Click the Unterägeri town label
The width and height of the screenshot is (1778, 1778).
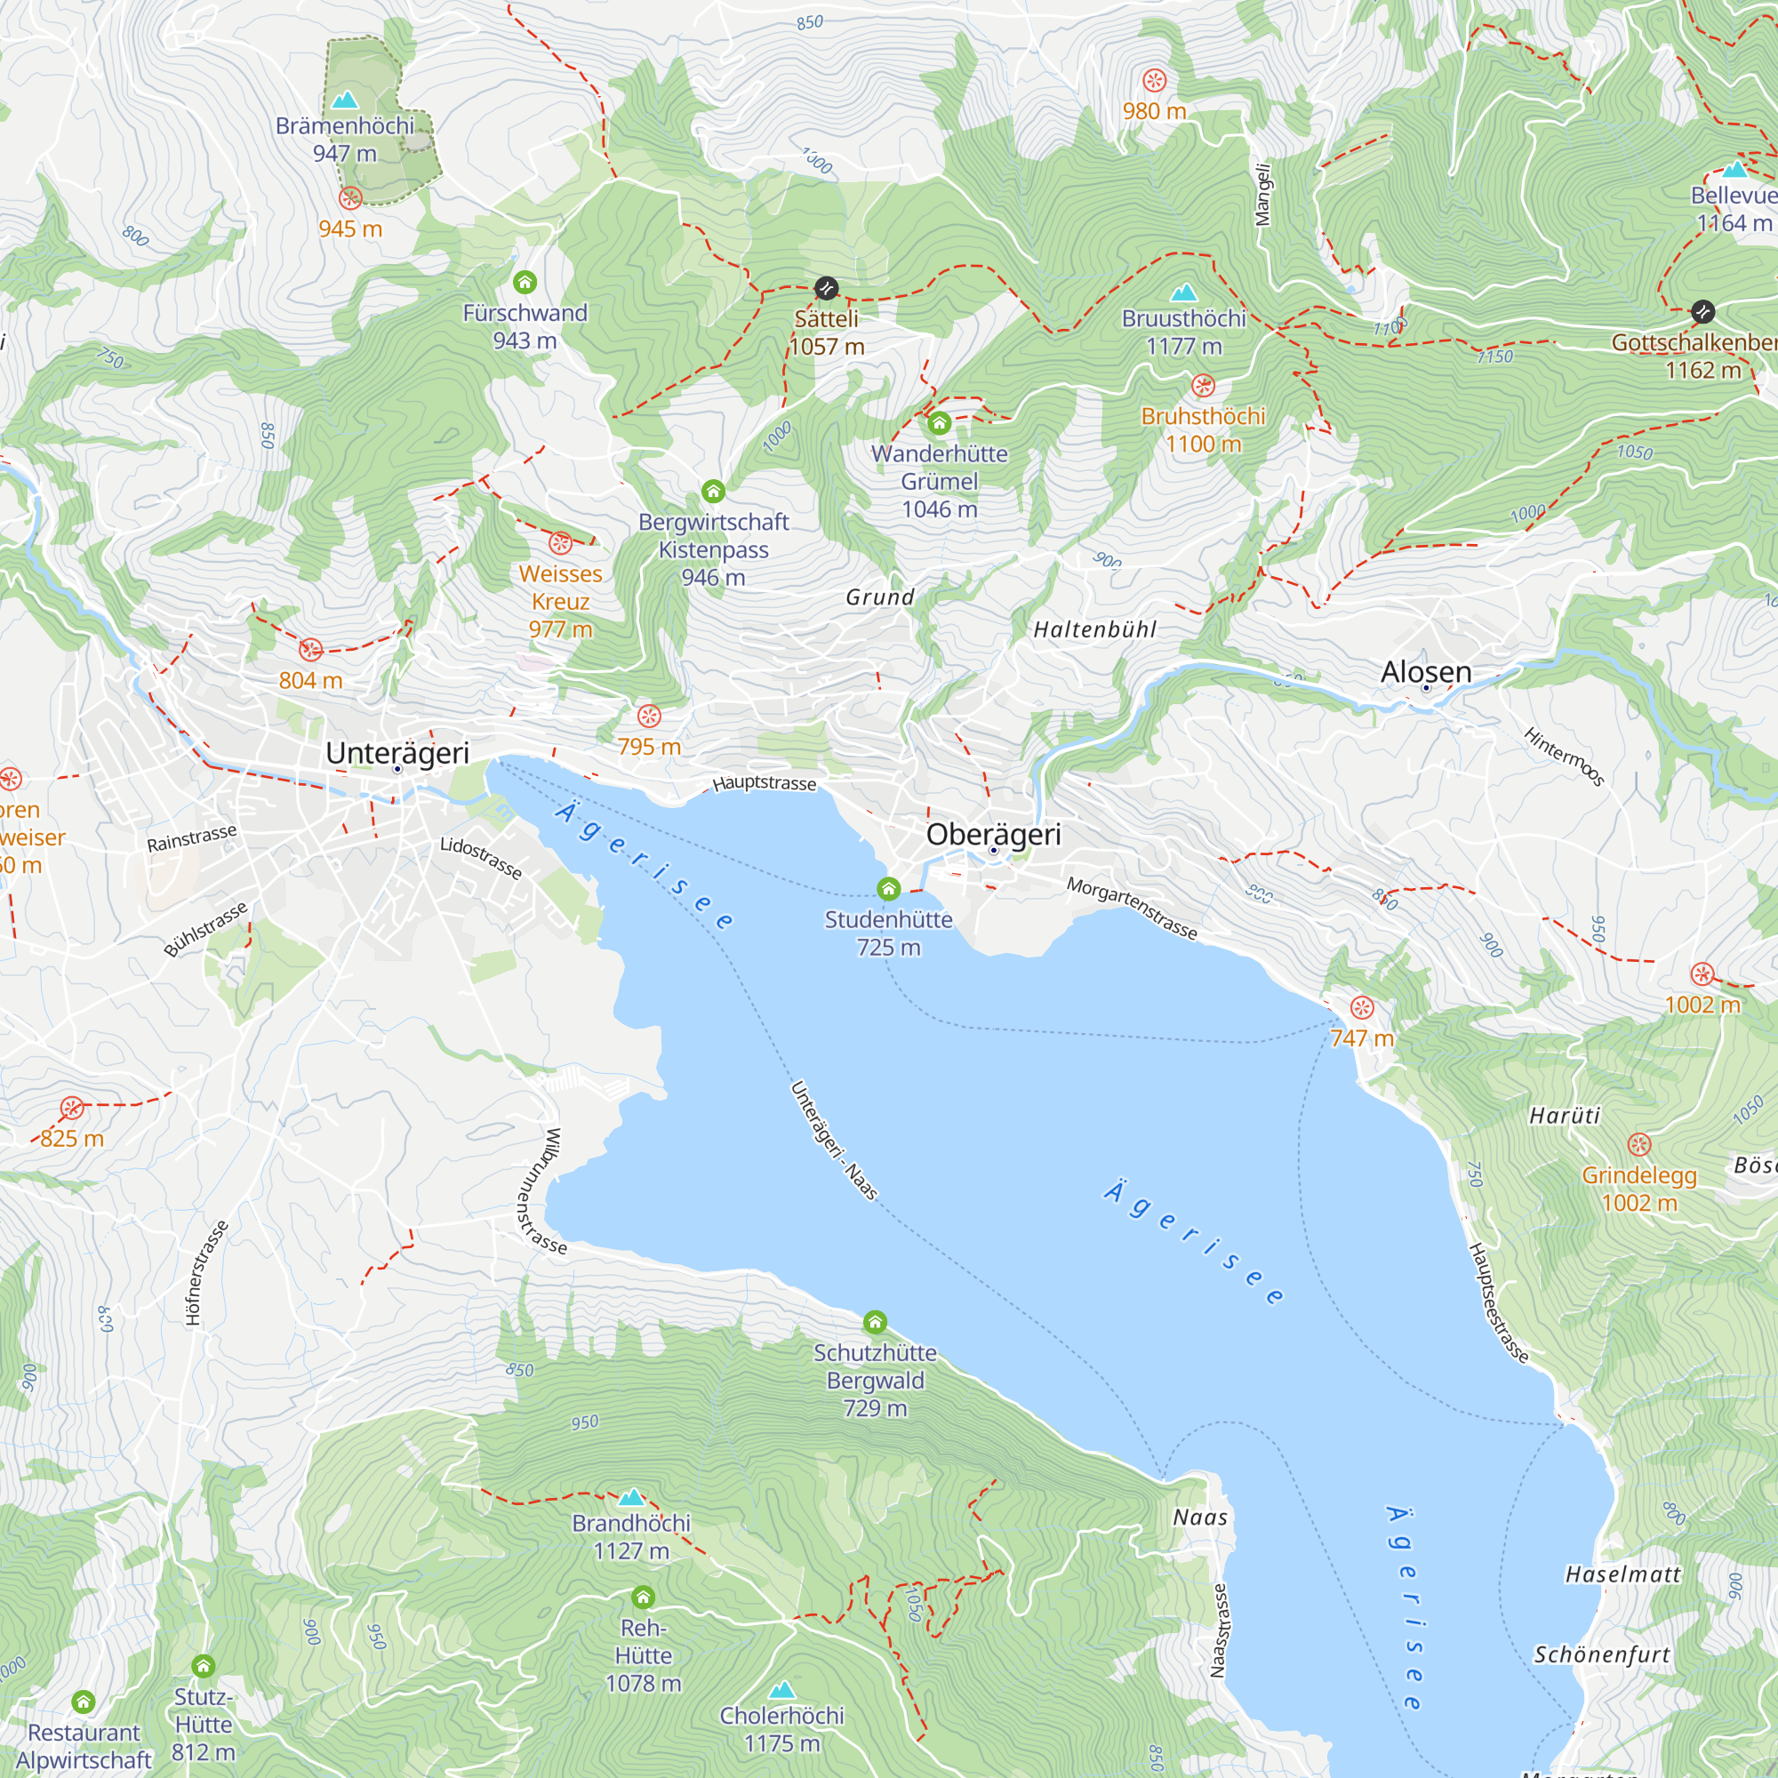point(397,752)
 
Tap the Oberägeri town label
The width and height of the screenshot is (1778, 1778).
point(993,834)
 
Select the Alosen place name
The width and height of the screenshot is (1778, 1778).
point(1426,671)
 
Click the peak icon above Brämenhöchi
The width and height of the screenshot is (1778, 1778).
point(345,100)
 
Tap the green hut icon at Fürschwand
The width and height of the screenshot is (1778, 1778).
point(525,282)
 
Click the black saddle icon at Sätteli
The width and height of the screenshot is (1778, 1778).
point(827,289)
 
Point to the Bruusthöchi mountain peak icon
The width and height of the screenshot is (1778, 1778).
point(1183,292)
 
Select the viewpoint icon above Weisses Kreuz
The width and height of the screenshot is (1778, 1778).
point(560,543)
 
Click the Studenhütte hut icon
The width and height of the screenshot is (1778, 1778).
point(888,889)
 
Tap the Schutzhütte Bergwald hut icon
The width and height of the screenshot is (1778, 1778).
point(875,1323)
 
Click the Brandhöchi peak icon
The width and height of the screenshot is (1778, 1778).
point(631,1497)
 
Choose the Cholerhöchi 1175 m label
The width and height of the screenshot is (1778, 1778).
point(781,1728)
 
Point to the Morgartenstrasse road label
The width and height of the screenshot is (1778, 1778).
point(1132,909)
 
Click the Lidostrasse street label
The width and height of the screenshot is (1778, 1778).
point(480,858)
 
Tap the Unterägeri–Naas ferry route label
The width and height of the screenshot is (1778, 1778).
point(834,1141)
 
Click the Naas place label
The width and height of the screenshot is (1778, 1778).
point(1200,1518)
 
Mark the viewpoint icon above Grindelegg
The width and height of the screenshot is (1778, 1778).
point(1639,1145)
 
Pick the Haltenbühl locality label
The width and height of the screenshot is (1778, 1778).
point(1094,629)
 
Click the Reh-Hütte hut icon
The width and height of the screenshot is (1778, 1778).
point(644,1597)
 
